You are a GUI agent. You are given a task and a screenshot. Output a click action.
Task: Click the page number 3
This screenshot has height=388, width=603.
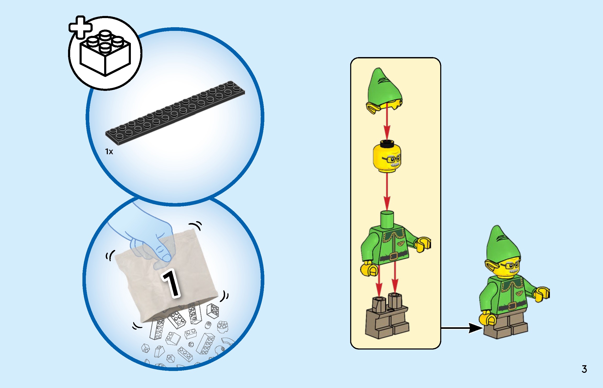pos(584,369)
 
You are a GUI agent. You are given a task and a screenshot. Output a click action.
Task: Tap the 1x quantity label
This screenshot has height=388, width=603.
pos(109,152)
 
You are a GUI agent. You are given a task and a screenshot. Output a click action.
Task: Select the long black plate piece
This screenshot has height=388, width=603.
pos(175,113)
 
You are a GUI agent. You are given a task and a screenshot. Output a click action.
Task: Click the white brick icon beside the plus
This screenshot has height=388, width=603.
pos(105,53)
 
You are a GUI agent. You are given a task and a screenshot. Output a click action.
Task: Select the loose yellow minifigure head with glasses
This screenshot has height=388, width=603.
pos(387,156)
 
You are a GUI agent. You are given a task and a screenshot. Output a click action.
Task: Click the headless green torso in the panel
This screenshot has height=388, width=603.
pos(395,243)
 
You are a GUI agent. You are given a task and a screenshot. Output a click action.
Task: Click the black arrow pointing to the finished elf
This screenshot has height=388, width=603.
pos(462,328)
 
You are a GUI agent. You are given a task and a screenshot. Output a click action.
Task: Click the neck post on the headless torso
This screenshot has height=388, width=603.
pos(387,220)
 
